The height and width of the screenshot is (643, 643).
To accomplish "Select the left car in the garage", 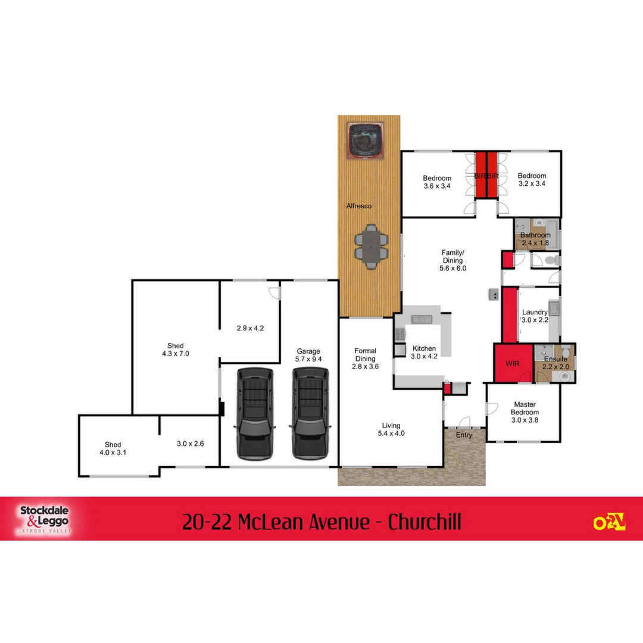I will tap(255, 413).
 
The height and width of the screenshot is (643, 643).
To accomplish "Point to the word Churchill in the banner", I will tap(424, 522).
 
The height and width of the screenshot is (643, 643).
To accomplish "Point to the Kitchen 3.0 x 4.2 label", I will tap(424, 352).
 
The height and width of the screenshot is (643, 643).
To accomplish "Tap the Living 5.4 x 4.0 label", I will tap(391, 429).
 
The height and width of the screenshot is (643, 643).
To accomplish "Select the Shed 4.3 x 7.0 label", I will tap(175, 349).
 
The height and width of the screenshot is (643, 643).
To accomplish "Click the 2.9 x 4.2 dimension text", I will tap(249, 328).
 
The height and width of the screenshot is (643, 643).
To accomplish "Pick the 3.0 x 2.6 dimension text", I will tap(190, 444).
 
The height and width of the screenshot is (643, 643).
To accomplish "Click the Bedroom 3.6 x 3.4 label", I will tap(437, 182).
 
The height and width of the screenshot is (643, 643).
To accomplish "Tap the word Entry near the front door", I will tap(464, 435).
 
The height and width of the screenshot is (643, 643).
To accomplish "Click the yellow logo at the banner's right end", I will tap(609, 522).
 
